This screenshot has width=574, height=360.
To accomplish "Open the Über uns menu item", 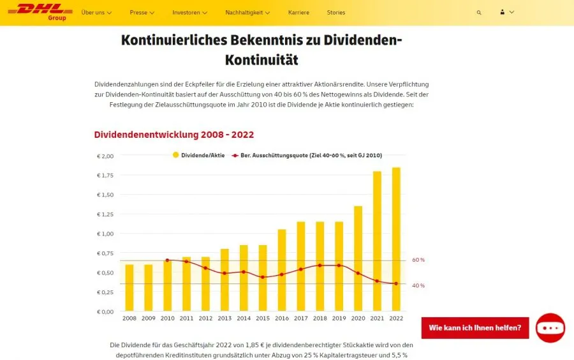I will tap(96, 13).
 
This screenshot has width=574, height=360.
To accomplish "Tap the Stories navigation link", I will tap(335, 13).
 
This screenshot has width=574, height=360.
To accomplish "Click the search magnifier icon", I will tap(479, 13).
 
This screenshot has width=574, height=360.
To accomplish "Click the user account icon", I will tap(503, 13).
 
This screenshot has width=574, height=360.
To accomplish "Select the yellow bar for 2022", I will tap(396, 239).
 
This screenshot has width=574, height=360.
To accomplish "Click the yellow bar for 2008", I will tap(129, 288).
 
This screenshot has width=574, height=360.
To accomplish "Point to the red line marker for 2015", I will tap(263, 277).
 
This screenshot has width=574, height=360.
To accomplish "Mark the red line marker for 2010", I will tap(167, 260).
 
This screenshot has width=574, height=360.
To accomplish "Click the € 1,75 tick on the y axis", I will tap(105, 176).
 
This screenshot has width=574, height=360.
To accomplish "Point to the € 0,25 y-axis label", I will tap(105, 292).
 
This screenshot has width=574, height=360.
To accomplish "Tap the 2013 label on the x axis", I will tap(224, 318).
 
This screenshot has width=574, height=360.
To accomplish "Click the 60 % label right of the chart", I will tap(418, 260).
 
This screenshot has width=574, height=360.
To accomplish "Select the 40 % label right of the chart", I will tap(418, 285).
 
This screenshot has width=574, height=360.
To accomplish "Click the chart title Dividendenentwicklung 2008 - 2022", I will tap(174, 135).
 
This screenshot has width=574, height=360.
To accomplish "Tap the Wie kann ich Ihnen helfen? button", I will tap(475, 328).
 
